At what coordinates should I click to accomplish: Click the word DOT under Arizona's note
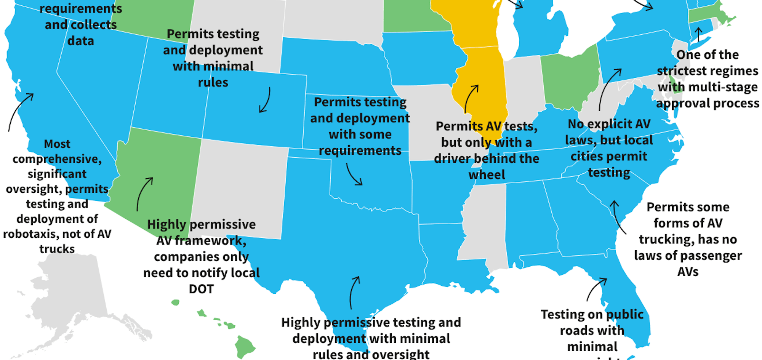tap(201, 289)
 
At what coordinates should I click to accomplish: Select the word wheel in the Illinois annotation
tap(487, 175)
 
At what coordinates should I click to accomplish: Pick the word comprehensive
tap(57, 159)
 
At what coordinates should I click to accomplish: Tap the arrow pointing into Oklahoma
tap(353, 175)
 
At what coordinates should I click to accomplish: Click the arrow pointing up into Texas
tap(354, 291)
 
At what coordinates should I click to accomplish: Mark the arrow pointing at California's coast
tap(20, 110)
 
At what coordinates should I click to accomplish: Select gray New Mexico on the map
tap(240, 187)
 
